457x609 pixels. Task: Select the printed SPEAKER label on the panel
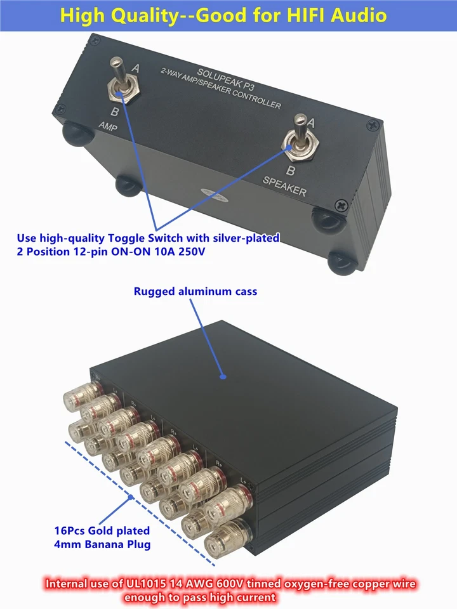pos(286,185)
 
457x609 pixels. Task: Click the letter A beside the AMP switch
pos(135,67)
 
